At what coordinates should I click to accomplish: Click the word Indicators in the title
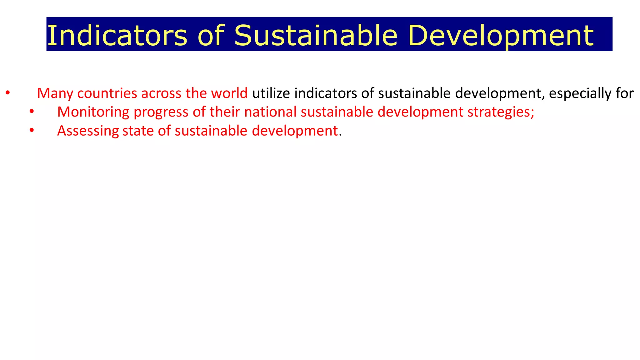click(117, 35)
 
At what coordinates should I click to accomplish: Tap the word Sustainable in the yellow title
click(315, 35)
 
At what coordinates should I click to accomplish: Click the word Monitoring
click(93, 112)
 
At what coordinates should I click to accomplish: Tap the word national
click(270, 112)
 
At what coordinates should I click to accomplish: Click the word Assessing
click(88, 131)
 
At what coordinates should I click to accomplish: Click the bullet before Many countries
click(7, 93)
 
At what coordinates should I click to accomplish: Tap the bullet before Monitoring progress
click(31, 112)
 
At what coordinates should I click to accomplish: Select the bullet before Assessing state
click(31, 130)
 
